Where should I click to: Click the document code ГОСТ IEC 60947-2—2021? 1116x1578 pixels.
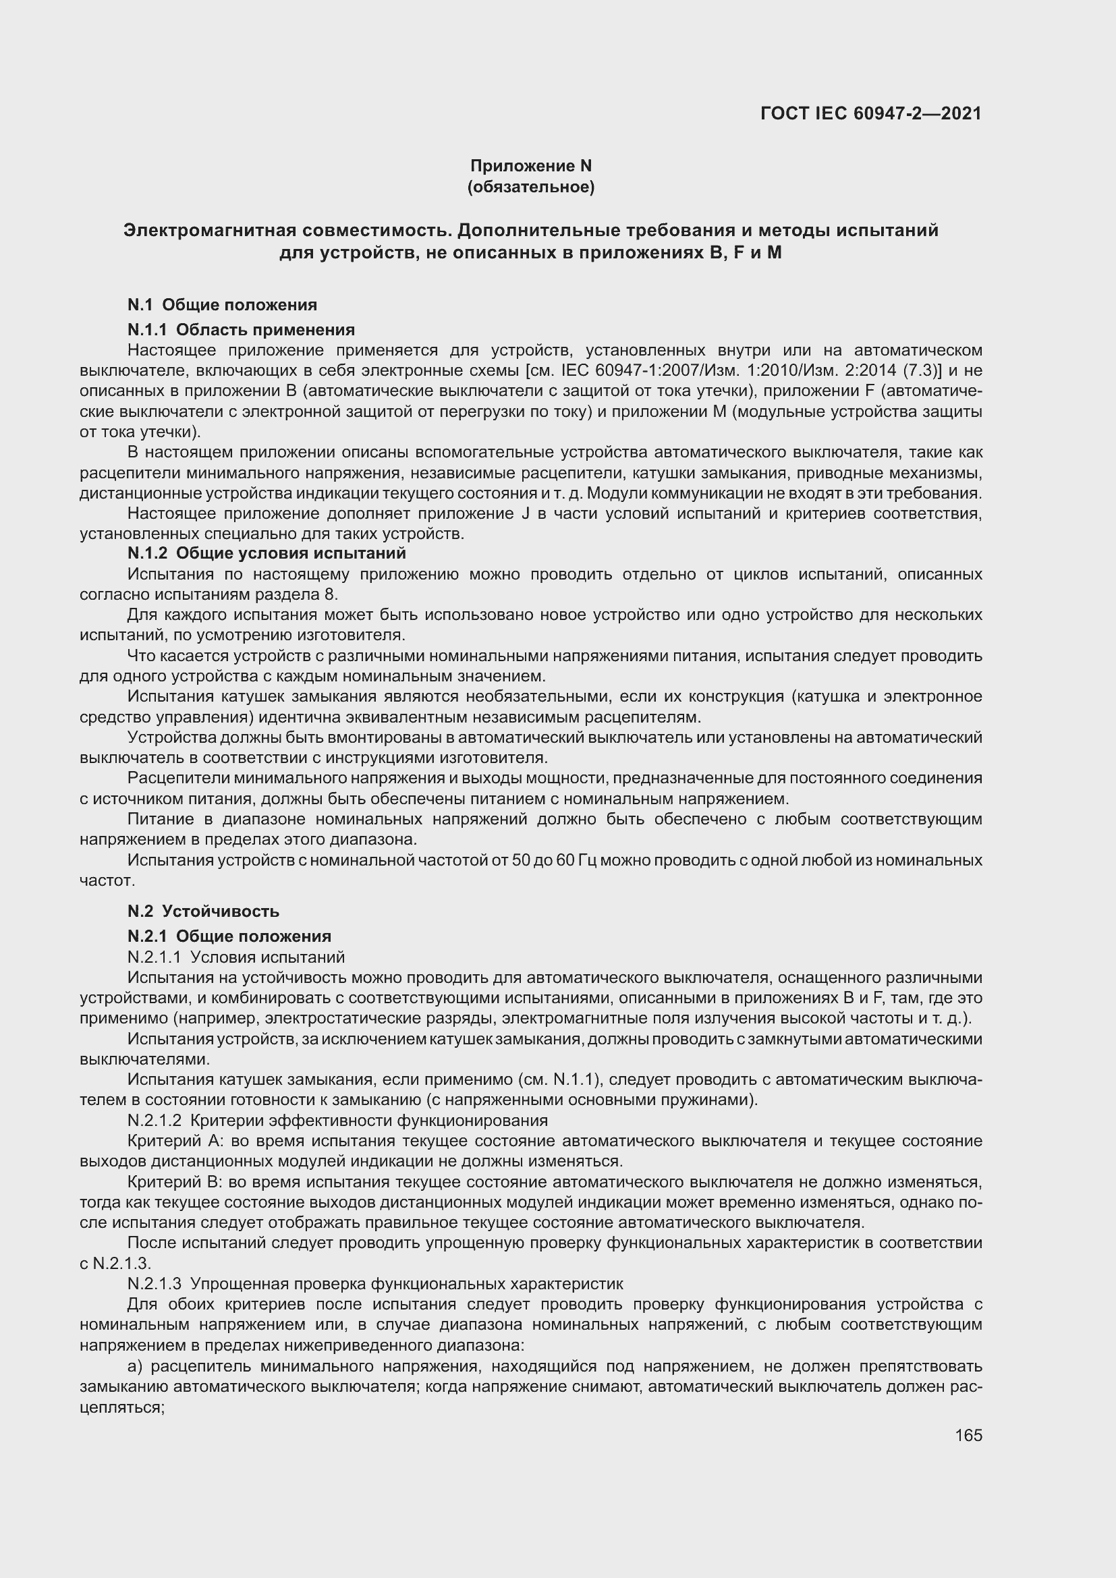click(x=870, y=113)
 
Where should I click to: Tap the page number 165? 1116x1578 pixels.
click(x=968, y=1435)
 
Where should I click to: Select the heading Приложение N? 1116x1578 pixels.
click(x=530, y=166)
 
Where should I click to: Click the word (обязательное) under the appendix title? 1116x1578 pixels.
click(x=530, y=187)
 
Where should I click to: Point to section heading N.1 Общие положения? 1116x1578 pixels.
click(x=222, y=304)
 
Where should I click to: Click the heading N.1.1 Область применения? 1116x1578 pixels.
click(x=240, y=330)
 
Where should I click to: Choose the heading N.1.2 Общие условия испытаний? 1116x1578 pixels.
click(x=267, y=553)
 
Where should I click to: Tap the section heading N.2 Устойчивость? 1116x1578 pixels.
click(x=203, y=911)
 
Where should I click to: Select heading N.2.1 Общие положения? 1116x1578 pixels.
click(x=229, y=936)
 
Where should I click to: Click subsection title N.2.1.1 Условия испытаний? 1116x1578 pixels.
click(x=235, y=957)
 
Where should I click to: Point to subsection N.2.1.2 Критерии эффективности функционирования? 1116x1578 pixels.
click(x=337, y=1121)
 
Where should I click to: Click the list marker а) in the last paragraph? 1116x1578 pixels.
click(x=135, y=1365)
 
